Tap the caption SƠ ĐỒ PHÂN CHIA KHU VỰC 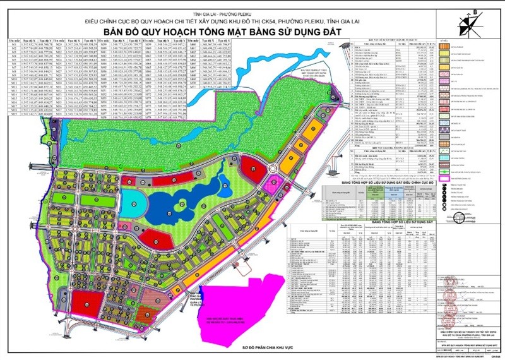252,349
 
